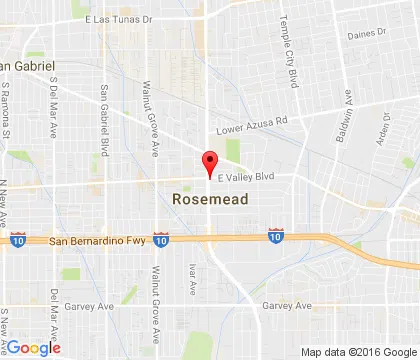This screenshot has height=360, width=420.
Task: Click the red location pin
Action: pos(210,163)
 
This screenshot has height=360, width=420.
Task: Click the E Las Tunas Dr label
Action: pos(123,19)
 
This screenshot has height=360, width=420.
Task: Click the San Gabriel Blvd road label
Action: pos(104,105)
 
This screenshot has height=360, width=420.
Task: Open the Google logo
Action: pos(32,347)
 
